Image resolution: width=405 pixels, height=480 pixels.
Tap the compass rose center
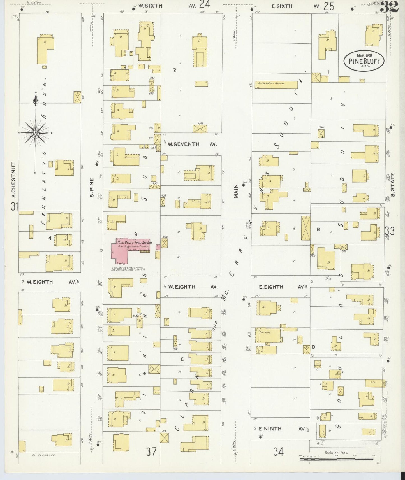coord(36,132)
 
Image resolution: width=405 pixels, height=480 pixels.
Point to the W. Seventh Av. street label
coord(189,144)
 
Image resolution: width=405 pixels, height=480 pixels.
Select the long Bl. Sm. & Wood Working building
coord(276,85)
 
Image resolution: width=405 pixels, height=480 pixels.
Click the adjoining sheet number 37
coord(151,452)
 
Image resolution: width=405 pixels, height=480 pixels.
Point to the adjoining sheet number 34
coord(278,451)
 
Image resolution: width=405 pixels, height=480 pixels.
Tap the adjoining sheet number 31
coord(14,207)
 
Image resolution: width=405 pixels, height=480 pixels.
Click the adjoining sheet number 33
coord(390,231)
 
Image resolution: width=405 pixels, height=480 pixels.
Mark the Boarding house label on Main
coord(265,332)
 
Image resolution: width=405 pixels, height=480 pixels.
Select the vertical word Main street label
coord(236,191)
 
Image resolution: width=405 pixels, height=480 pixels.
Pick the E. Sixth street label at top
coord(282,6)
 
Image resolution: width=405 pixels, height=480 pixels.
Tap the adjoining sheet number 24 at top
coord(205,5)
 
